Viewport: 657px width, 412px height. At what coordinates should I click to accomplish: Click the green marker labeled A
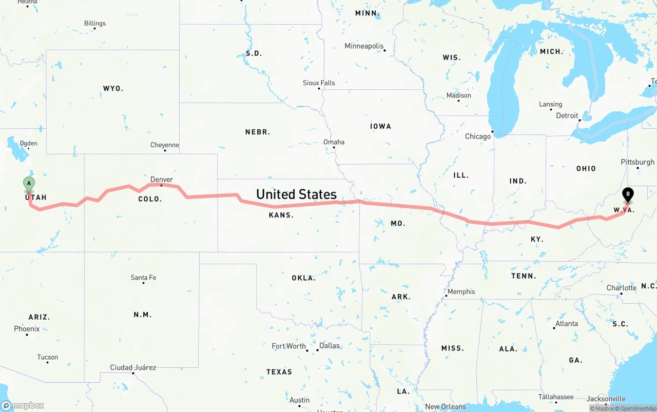click(x=29, y=184)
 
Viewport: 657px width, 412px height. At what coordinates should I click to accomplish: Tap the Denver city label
click(x=162, y=180)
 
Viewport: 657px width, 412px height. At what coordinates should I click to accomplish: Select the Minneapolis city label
click(x=364, y=46)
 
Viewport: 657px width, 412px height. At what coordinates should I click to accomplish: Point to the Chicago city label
click(x=478, y=136)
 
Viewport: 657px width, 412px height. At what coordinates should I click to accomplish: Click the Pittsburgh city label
click(x=637, y=162)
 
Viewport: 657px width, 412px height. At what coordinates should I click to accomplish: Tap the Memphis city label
click(x=461, y=291)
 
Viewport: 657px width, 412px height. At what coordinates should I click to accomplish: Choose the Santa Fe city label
click(x=143, y=278)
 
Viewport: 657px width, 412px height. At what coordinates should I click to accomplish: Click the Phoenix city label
click(x=27, y=328)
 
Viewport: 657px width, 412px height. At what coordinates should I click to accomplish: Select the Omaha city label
click(x=334, y=142)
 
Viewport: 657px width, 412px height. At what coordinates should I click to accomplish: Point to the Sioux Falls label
click(x=319, y=83)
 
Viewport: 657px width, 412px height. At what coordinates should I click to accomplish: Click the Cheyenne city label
click(x=165, y=145)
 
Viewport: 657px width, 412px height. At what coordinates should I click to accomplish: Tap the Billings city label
click(x=95, y=23)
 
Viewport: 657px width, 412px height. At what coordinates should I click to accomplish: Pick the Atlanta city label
click(x=567, y=323)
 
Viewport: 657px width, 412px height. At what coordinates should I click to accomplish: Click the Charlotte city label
click(x=622, y=288)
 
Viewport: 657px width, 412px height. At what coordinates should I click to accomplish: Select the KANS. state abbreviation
click(x=281, y=215)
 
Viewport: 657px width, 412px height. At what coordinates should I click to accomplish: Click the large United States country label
click(x=296, y=194)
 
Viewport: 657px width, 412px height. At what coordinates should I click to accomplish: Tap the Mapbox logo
click(x=23, y=405)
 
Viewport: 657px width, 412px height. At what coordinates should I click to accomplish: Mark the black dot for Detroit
click(x=580, y=121)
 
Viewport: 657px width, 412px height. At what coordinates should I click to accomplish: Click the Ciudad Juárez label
click(x=133, y=367)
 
